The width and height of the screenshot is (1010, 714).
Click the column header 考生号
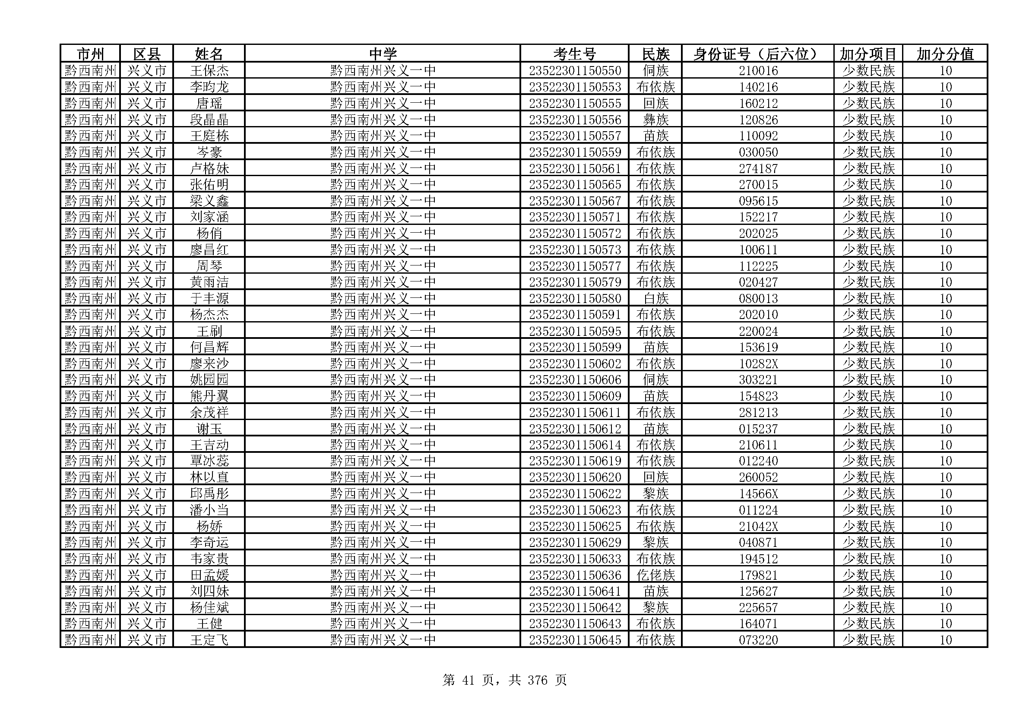click(574, 54)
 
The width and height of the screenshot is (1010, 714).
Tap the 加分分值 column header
click(945, 54)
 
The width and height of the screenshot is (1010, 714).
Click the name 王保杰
click(209, 71)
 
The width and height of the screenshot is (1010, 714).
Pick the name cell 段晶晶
click(209, 120)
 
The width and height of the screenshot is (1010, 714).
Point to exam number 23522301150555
click(574, 103)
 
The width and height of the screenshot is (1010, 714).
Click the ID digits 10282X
click(758, 363)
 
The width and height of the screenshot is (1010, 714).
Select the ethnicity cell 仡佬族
click(655, 575)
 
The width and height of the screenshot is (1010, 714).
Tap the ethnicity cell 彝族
click(655, 120)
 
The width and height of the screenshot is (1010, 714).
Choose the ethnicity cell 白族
click(655, 299)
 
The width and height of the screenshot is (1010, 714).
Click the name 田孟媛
click(209, 575)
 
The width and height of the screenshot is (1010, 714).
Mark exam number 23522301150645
click(574, 640)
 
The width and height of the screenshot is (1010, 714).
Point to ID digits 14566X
click(758, 494)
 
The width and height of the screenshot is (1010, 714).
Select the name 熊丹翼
click(209, 396)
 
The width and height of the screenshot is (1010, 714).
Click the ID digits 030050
click(758, 152)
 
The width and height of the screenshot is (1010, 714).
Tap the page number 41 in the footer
click(468, 680)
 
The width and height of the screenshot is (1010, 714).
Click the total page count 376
click(537, 680)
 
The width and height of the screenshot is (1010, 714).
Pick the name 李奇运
click(209, 543)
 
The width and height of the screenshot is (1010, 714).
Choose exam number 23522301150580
click(574, 299)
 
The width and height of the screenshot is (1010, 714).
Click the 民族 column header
click(655, 54)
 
